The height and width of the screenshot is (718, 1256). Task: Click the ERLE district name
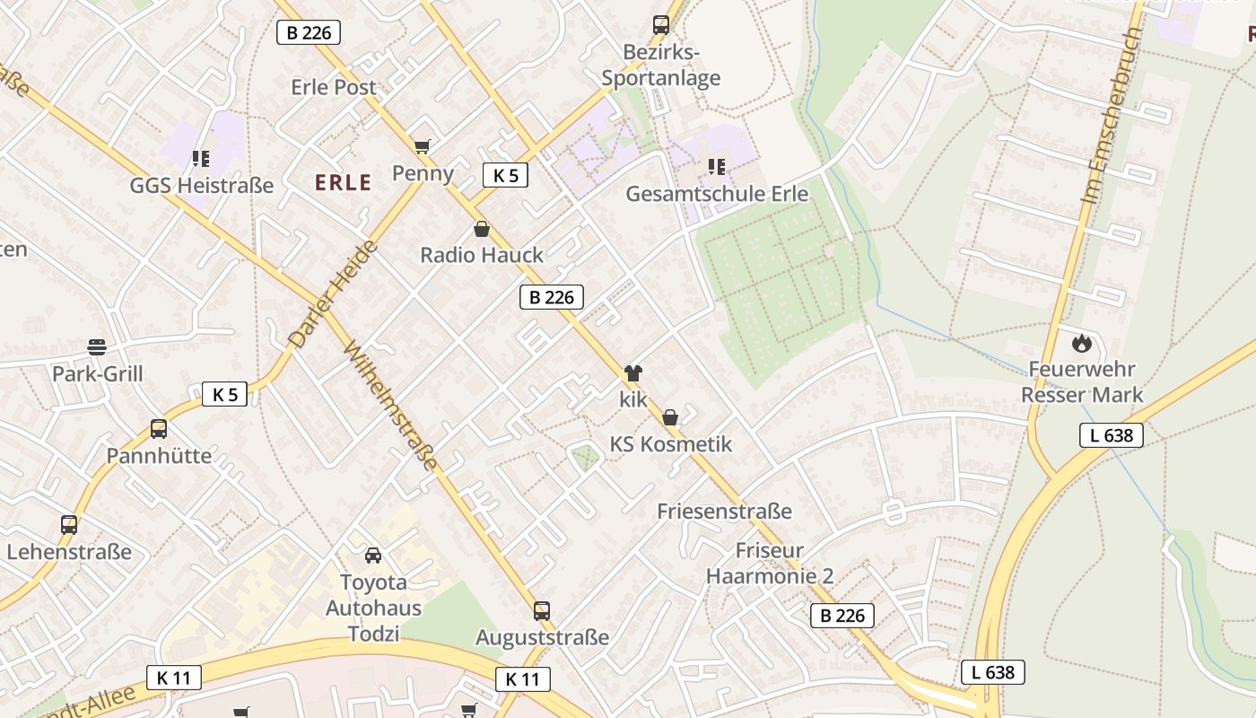343,183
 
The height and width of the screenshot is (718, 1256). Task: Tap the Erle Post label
334,87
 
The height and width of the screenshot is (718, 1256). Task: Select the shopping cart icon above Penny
422,146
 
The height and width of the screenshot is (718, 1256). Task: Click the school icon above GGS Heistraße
201,159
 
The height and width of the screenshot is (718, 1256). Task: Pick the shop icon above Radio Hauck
482,229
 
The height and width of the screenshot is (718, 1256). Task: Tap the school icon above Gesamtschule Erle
716,167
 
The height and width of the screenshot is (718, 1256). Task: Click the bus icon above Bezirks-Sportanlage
661,25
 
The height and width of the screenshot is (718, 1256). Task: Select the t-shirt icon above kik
633,373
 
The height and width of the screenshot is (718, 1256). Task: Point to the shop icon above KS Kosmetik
670,417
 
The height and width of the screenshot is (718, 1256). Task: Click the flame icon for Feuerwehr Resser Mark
1082,342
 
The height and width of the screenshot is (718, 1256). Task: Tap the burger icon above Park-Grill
97,347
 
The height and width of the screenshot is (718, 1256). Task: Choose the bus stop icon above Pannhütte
159,429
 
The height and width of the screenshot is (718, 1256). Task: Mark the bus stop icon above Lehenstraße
69,525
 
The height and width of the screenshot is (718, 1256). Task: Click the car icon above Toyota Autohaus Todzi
373,556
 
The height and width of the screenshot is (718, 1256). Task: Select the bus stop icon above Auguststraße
542,611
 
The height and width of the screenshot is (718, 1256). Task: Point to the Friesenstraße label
724,512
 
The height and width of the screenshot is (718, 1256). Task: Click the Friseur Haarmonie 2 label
769,563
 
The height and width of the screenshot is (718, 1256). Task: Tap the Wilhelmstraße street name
391,405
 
